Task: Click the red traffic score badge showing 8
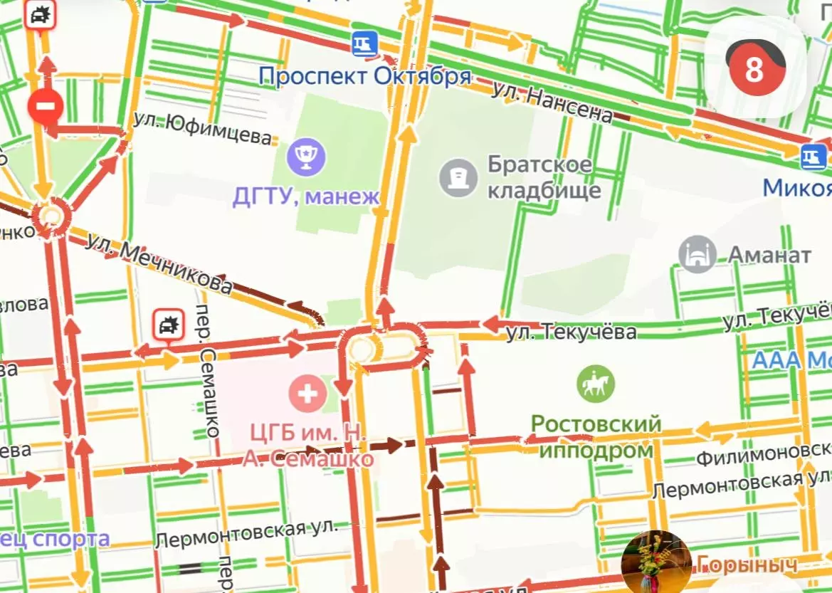[x=754, y=69]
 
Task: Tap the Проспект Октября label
[x=364, y=75]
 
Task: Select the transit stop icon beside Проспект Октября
[x=364, y=44]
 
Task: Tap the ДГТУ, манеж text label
[x=306, y=196]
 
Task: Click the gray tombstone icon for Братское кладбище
[x=458, y=177]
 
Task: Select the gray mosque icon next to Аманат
[x=697, y=254]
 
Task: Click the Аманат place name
[x=769, y=254]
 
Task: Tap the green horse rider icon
[x=596, y=384]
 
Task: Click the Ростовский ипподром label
[x=596, y=437]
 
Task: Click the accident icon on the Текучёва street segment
[x=169, y=327]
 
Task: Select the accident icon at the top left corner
[x=40, y=14]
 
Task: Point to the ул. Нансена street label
[x=552, y=102]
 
